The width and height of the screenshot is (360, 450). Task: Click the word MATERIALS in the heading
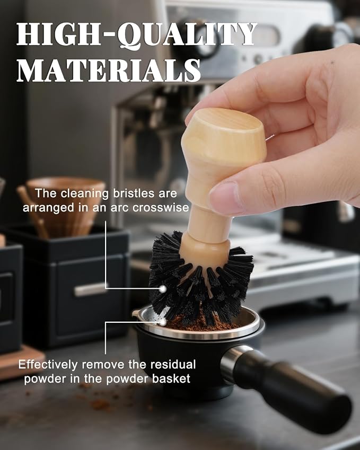(109, 70)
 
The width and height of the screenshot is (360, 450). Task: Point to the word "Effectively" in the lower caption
(48, 365)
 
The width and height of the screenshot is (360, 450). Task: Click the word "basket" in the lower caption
(171, 378)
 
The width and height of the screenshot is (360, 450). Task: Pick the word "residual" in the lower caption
(173, 365)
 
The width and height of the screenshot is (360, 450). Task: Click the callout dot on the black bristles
(163, 289)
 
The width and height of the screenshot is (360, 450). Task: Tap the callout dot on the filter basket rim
(163, 323)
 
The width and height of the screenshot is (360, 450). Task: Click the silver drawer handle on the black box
(91, 290)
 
